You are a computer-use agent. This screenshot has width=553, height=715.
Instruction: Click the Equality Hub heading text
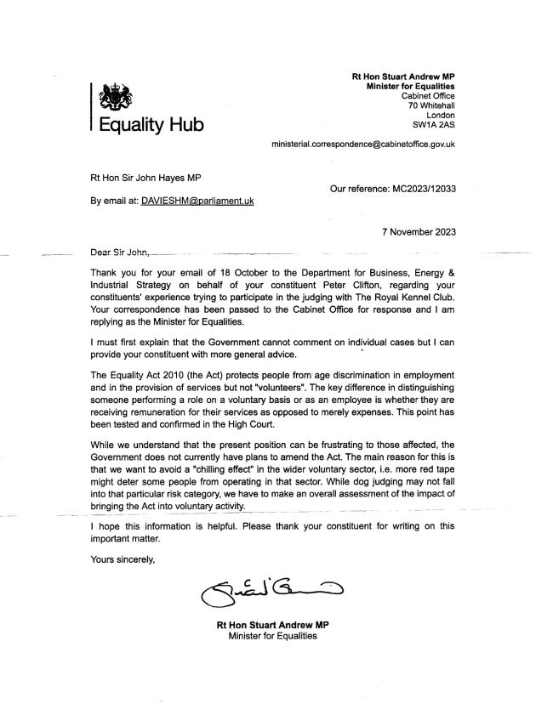point(151,126)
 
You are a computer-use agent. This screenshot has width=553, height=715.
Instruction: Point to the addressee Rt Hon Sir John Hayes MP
point(151,179)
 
